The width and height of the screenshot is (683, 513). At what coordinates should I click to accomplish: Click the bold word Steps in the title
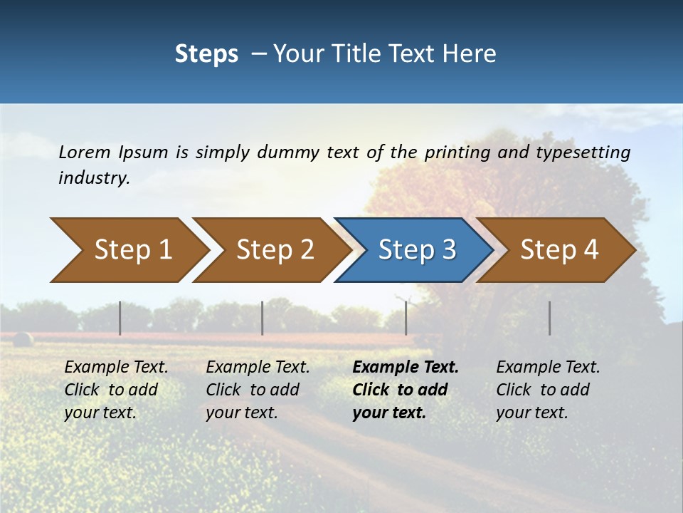click(x=206, y=54)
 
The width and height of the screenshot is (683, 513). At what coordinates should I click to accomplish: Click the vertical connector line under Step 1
click(x=120, y=318)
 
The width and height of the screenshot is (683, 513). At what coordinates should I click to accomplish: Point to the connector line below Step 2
click(x=263, y=318)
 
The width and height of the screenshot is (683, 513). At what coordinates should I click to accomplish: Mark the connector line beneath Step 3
click(x=406, y=318)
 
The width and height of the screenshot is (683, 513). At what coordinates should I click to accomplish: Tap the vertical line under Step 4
click(x=550, y=318)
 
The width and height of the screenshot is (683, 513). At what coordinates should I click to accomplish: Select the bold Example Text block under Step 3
click(x=406, y=390)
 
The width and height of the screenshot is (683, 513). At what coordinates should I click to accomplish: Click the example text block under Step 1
click(x=116, y=390)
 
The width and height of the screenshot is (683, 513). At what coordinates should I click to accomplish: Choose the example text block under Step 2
click(x=258, y=390)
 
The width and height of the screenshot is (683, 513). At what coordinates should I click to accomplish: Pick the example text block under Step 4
click(x=548, y=390)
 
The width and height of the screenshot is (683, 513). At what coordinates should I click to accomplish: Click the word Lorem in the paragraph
click(x=85, y=152)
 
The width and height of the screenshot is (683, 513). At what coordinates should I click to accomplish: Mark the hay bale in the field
click(x=23, y=339)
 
